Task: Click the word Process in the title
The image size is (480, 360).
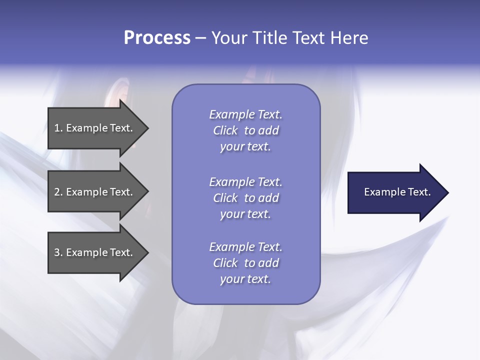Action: (x=157, y=38)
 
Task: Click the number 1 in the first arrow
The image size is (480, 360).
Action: (x=57, y=128)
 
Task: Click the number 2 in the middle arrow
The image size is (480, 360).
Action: (x=57, y=192)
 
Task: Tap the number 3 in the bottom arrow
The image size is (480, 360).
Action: (x=57, y=252)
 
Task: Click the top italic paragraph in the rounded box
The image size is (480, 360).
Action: (x=245, y=130)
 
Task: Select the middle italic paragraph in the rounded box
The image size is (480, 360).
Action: (x=245, y=198)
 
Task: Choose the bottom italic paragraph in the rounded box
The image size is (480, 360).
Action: (x=245, y=263)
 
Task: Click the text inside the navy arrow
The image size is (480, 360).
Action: (x=397, y=192)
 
